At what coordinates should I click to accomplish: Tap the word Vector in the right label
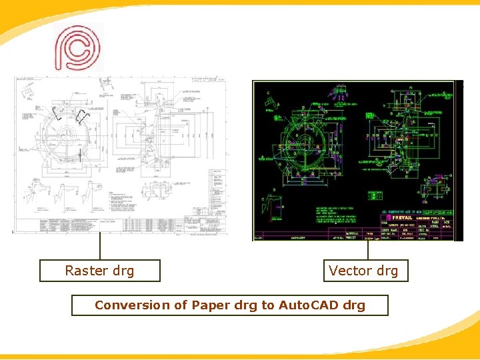pyautogui.click(x=349, y=271)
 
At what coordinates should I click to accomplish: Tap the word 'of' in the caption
pyautogui.click(x=181, y=305)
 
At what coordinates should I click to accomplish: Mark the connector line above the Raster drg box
pyautogui.click(x=100, y=247)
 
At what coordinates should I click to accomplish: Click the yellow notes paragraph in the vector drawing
pyautogui.click(x=317, y=215)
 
